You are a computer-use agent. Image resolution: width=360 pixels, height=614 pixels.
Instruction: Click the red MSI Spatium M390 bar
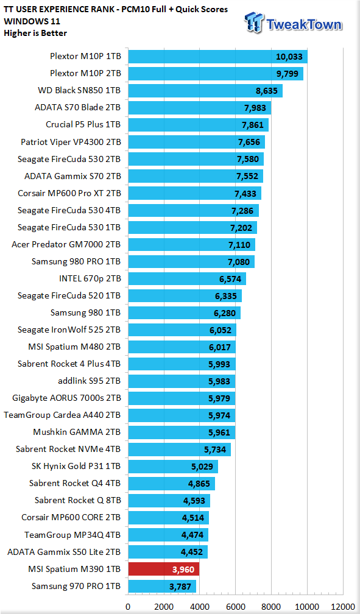[x=164, y=569]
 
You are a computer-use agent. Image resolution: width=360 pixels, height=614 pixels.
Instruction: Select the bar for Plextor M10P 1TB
[x=218, y=57]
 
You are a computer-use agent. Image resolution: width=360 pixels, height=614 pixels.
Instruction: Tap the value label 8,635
[x=266, y=91]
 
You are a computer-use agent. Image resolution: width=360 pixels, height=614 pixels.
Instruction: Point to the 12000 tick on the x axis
[x=343, y=607]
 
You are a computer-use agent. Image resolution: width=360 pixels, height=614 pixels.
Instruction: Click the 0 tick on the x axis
[x=128, y=607]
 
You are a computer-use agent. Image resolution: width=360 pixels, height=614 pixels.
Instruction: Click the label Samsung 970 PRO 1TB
[x=76, y=586]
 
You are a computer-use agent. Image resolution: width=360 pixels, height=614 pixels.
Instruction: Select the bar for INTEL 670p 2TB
[x=187, y=279]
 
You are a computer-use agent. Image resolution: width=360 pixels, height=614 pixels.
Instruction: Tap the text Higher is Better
[x=35, y=34]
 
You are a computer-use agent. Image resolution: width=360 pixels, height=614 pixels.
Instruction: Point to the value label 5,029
[x=202, y=467]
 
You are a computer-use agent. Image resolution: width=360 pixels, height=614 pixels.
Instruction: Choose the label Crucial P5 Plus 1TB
[x=83, y=124]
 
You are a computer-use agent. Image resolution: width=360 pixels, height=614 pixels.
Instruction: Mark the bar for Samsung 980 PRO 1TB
[x=191, y=261]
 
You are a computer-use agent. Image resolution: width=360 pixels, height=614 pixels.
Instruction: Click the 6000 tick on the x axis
[x=235, y=607]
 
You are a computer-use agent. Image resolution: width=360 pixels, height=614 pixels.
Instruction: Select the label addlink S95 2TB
[x=90, y=381]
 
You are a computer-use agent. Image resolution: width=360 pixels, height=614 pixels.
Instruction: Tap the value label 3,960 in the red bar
[x=183, y=570]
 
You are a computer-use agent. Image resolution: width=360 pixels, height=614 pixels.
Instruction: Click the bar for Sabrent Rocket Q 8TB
[x=169, y=501]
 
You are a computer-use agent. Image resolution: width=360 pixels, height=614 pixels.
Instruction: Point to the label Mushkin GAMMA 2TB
[x=77, y=432]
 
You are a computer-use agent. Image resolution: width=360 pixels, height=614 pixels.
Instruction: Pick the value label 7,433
[x=245, y=194]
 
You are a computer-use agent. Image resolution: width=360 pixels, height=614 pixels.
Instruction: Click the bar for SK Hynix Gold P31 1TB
[x=173, y=467]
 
